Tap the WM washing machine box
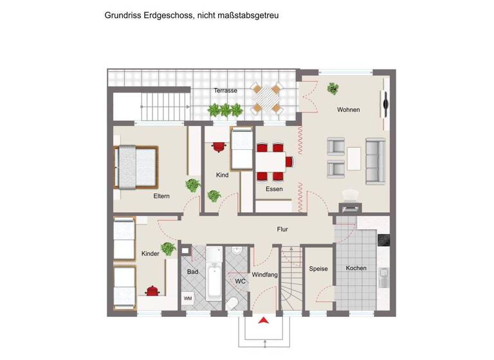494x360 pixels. tap(188, 298)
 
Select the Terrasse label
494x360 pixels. tap(225, 91)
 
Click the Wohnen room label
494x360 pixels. tap(348, 110)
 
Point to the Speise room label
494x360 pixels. tap(318, 269)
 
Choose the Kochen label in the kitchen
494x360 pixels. tap(356, 268)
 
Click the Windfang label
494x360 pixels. tap(264, 274)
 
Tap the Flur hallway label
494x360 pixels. tap(282, 229)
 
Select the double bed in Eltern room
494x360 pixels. tap(136, 166)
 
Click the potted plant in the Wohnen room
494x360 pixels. tap(333, 89)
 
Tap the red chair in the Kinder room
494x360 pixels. tap(152, 291)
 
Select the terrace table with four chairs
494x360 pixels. tap(266, 98)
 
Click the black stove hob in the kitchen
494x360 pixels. tap(384, 240)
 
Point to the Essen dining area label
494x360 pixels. tap(274, 189)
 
